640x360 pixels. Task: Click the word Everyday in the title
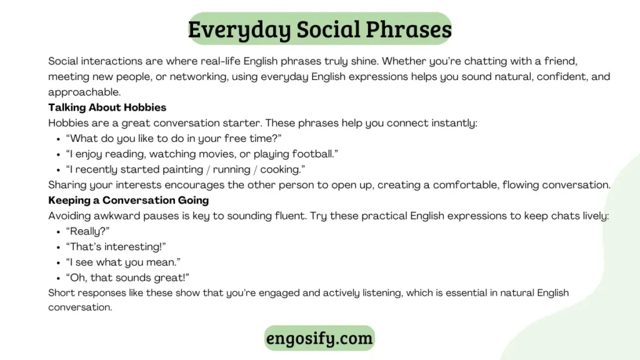[239, 30]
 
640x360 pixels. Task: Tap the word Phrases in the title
[409, 29]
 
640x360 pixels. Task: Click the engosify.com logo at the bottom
[319, 338]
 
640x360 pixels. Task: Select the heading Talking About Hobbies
[107, 107]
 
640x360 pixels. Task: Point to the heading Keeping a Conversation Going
[129, 200]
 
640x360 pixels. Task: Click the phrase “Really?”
[87, 231]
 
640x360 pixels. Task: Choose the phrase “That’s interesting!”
[116, 246]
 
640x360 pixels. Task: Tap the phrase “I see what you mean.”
[123, 262]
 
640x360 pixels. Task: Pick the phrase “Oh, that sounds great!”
[127, 277]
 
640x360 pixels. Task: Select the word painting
[182, 169]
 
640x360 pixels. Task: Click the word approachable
[84, 92]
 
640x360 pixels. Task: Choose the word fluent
[290, 216]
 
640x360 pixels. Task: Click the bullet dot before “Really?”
[58, 232]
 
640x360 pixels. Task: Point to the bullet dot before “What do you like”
[58, 139]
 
